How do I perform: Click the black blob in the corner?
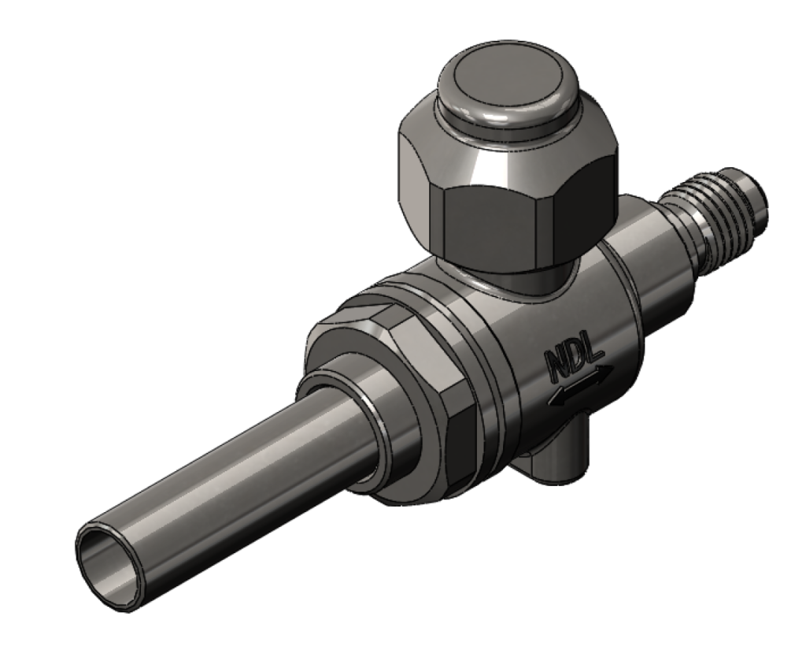pos(79,162)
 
